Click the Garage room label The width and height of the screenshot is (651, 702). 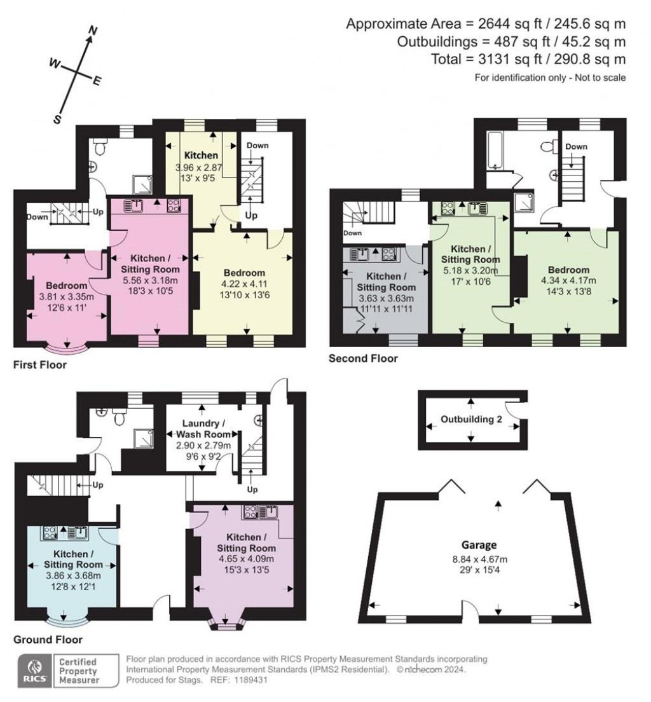[x=479, y=545]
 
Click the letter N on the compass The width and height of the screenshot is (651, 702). [x=93, y=31]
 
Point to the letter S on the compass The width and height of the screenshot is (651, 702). [x=57, y=119]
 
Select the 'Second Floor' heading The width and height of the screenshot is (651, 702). [x=363, y=359]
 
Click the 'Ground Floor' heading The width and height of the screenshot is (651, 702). [x=47, y=639]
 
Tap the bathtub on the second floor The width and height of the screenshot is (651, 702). [x=495, y=151]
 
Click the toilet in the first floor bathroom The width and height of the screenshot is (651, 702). [x=100, y=146]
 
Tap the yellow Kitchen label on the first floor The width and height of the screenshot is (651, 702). [x=201, y=155]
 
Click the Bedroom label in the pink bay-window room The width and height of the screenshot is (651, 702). [x=66, y=286]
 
